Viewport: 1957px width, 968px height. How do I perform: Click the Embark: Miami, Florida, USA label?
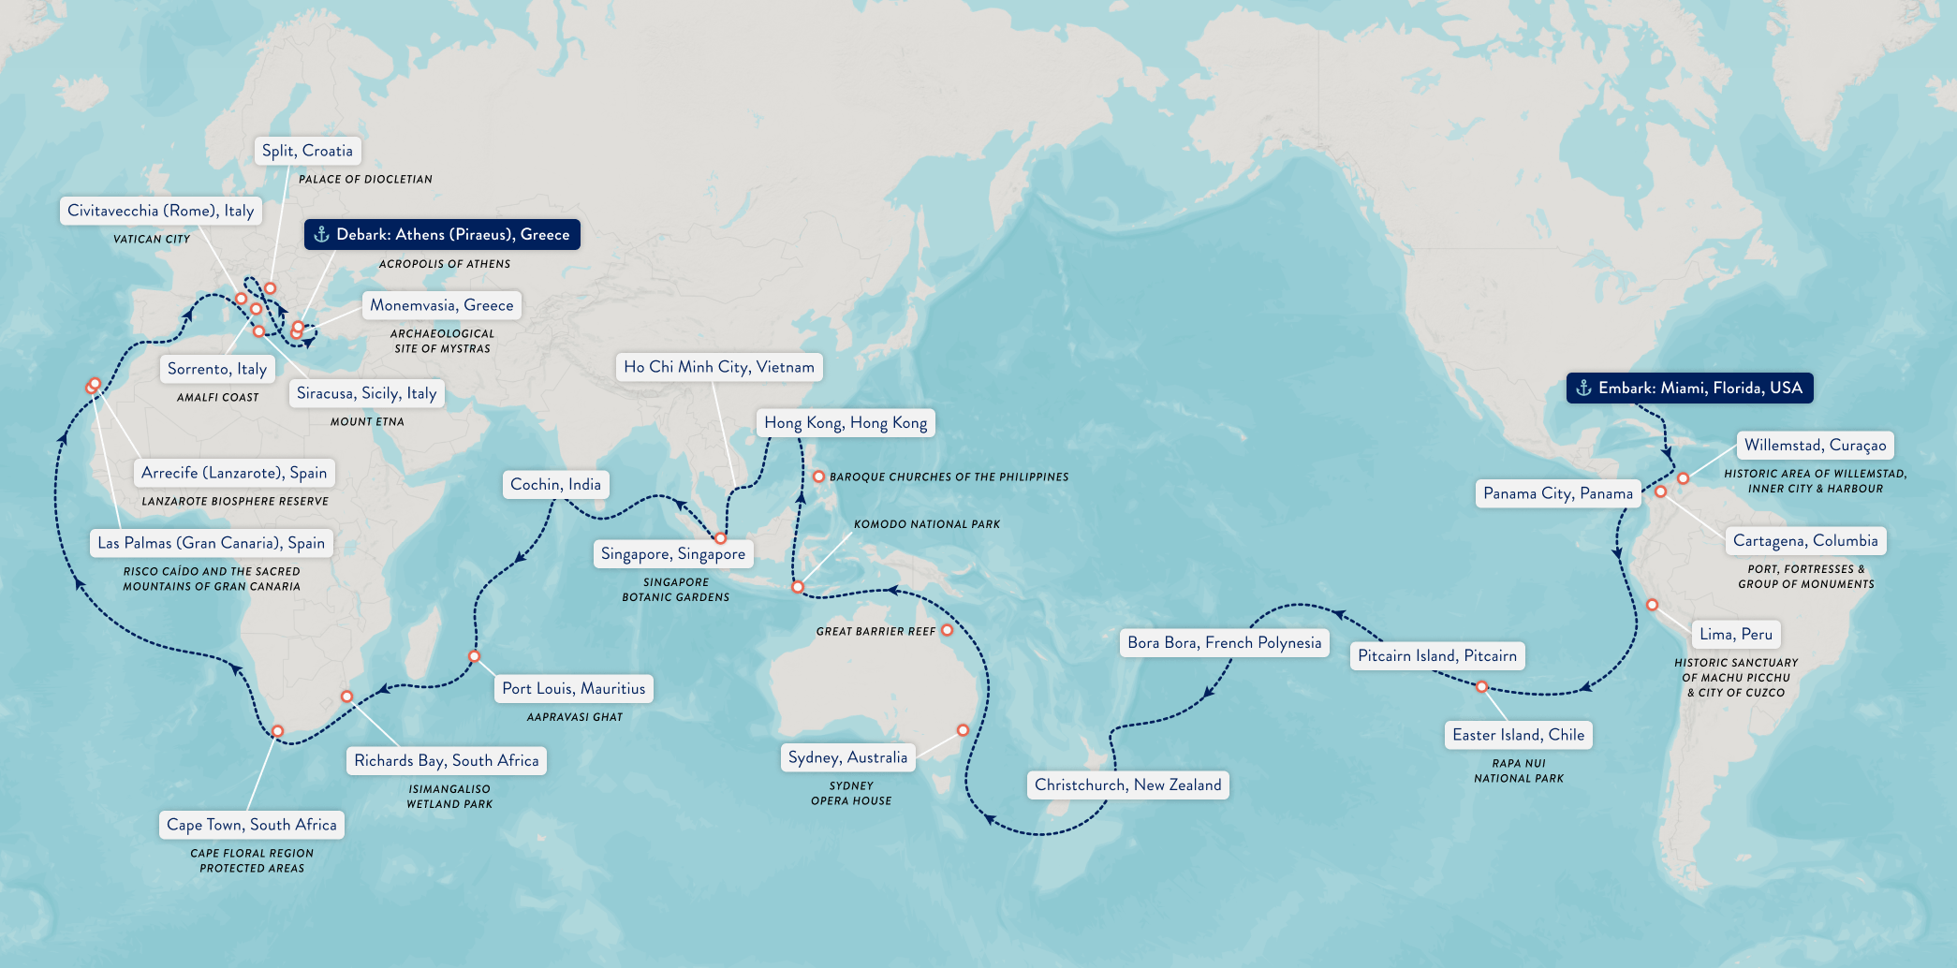(1689, 388)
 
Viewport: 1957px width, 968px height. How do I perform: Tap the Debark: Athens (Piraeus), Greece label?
(442, 234)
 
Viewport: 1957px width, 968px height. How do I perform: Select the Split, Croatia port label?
(307, 151)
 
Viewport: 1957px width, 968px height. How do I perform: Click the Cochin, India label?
(555, 484)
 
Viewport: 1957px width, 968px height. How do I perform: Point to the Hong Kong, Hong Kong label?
(845, 422)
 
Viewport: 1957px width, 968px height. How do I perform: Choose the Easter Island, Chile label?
(1518, 735)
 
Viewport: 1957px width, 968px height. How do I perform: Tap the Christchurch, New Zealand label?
(1127, 785)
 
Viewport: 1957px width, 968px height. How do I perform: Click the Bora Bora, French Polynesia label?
(1224, 642)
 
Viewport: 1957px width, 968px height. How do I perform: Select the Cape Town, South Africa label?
(251, 825)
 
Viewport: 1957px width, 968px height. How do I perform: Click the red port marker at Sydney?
(963, 730)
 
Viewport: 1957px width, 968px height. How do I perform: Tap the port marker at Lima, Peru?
(1652, 605)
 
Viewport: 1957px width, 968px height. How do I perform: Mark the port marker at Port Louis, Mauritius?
(474, 656)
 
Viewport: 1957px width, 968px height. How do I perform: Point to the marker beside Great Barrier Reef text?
(947, 630)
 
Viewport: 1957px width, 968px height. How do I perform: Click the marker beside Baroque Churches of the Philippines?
(818, 477)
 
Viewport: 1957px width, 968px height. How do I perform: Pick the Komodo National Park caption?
(926, 524)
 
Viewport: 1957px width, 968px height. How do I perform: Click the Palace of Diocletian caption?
(365, 179)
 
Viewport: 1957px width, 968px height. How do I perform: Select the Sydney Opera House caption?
(850, 793)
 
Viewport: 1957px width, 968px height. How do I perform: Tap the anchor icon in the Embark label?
(1583, 388)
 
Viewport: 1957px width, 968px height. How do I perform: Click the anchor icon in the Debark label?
(321, 234)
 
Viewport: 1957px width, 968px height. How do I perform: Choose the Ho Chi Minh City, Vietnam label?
(718, 367)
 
